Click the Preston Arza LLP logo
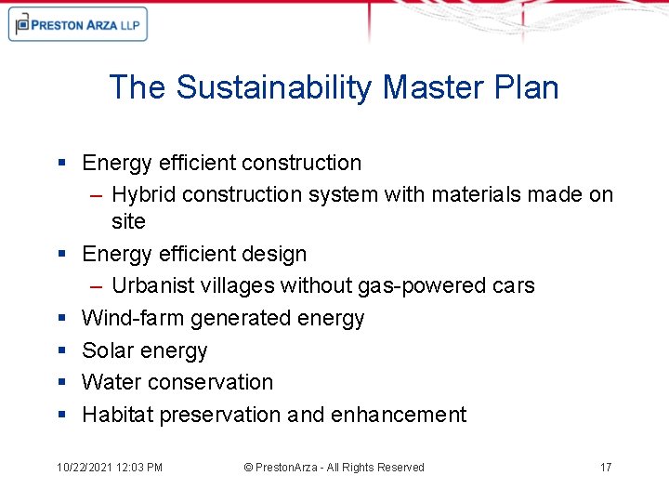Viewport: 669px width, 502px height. point(77,24)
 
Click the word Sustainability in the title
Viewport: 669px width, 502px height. point(274,87)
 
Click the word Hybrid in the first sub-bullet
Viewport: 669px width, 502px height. point(144,194)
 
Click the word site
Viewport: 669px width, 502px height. point(128,221)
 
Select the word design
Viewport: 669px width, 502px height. point(275,254)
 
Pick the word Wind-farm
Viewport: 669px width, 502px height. point(133,318)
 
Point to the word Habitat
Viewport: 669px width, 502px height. point(117,415)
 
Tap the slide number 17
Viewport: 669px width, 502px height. point(606,468)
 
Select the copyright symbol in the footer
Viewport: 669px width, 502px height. point(248,468)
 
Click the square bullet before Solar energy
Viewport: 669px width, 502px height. point(61,350)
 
